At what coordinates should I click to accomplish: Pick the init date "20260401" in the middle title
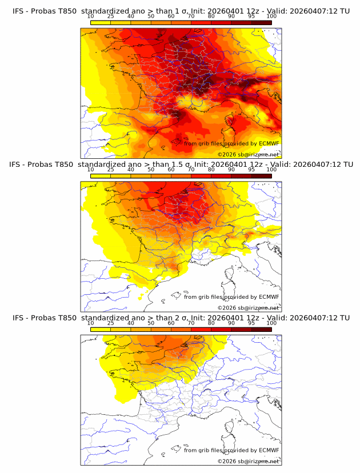click(x=226, y=165)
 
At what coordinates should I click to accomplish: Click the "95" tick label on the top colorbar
click(x=251, y=17)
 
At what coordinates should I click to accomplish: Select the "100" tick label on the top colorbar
click(x=272, y=17)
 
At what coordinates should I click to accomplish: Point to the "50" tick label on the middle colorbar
click(x=151, y=170)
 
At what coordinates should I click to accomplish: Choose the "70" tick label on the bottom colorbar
click(x=191, y=323)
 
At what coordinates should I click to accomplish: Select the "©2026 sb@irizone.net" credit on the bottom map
click(x=248, y=461)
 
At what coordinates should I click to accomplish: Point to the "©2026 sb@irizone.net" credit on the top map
click(x=248, y=154)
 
